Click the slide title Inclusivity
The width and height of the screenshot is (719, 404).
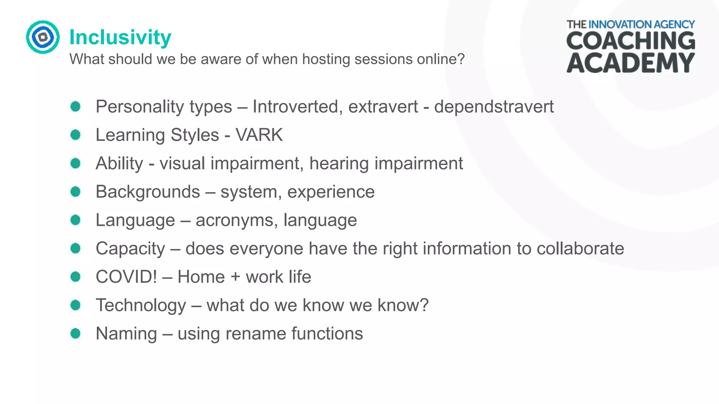(x=120, y=37)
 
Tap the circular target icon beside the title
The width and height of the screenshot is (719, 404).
(x=43, y=37)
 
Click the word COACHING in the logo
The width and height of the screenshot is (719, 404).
(x=631, y=41)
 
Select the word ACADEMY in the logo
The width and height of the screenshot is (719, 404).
(x=631, y=63)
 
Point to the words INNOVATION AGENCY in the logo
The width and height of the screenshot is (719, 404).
(x=641, y=25)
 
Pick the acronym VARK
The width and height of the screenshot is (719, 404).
(x=259, y=135)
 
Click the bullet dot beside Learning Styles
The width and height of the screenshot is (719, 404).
(x=75, y=135)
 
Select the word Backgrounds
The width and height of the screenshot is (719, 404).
(x=148, y=192)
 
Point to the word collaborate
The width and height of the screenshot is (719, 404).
(x=580, y=249)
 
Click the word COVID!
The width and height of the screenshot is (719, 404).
(x=126, y=277)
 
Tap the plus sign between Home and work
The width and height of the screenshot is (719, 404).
(x=235, y=277)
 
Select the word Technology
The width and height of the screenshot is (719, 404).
(x=141, y=305)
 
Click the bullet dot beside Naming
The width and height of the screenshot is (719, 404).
(x=75, y=334)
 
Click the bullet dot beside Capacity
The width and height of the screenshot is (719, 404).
(x=75, y=249)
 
